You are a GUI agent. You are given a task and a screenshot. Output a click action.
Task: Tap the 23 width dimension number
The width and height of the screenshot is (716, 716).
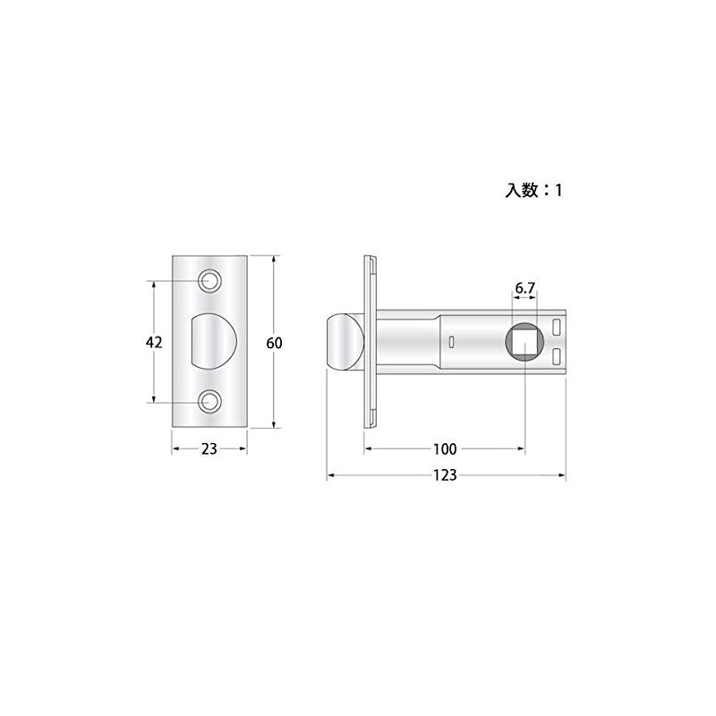point(209,450)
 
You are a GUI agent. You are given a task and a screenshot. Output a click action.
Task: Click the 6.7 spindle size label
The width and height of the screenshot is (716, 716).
point(524,288)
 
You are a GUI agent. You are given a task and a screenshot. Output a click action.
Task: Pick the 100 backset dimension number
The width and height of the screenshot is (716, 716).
point(445,448)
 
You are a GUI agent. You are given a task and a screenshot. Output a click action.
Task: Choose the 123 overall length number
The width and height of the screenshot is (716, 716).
point(446,475)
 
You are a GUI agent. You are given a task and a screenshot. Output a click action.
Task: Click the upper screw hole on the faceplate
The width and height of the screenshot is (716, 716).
point(211,280)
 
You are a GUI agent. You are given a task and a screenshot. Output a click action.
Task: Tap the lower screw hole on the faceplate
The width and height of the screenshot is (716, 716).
point(211,402)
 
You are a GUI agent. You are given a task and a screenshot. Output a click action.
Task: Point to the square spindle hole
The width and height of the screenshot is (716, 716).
point(524,343)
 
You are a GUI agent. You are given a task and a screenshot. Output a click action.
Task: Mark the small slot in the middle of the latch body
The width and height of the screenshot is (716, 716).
point(450,342)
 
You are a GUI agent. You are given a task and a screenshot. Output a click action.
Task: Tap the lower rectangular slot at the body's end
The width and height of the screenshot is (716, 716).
point(558,358)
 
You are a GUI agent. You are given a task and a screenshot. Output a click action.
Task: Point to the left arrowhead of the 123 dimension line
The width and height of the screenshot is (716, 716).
point(329,475)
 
